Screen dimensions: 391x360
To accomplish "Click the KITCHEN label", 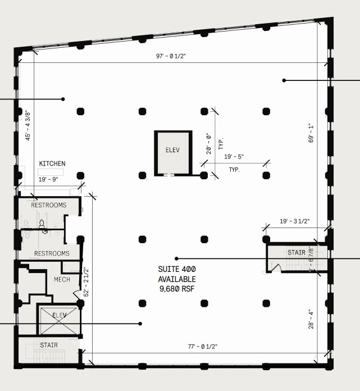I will click(52, 163).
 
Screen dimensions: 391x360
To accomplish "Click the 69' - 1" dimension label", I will click(311, 133).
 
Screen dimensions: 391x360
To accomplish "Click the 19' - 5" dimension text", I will click(234, 157).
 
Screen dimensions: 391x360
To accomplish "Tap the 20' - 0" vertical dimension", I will click(208, 143).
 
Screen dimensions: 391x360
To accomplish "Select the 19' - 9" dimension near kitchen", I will click(49, 180).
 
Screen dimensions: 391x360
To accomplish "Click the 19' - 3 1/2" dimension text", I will click(294, 221).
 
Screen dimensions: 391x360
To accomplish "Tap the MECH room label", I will click(62, 279).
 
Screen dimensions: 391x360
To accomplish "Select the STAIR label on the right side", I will click(296, 253).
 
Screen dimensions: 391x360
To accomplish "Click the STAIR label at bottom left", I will click(48, 345).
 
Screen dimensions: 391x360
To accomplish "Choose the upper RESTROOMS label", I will click(49, 205).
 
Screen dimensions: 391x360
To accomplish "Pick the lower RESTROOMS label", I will click(52, 253).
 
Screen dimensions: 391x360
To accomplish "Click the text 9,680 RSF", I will click(176, 289).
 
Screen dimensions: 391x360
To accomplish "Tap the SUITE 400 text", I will click(176, 269).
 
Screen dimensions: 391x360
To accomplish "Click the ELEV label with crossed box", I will click(59, 315).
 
